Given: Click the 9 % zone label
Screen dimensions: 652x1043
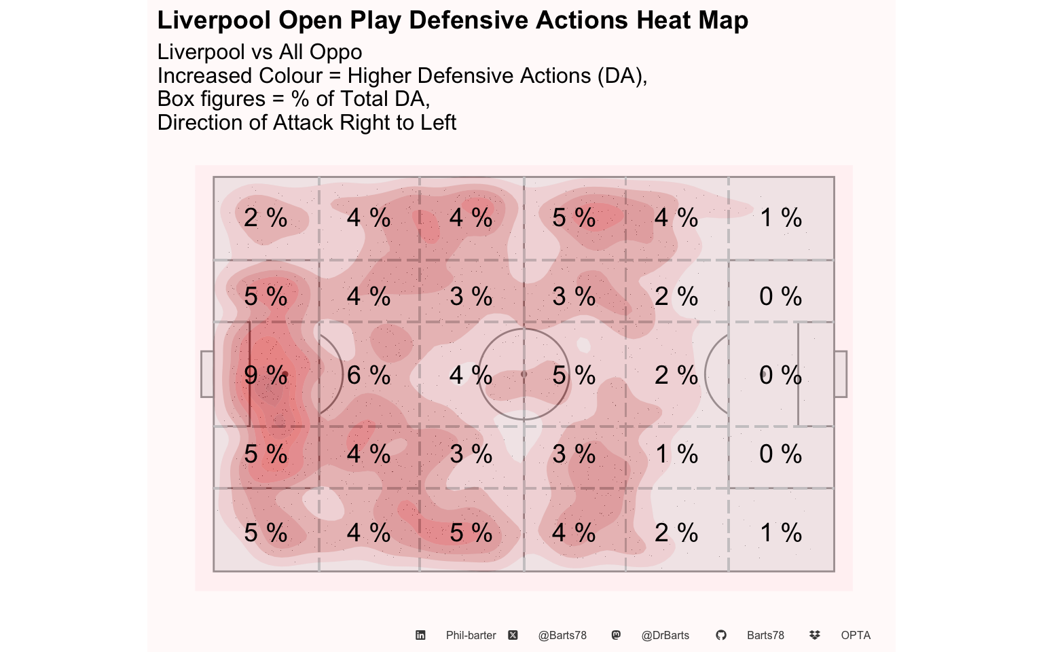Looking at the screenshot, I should pos(266,375).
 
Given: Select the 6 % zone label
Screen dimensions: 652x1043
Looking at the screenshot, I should pos(369,375).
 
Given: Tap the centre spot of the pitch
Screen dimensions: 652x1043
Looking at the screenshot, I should pos(524,374).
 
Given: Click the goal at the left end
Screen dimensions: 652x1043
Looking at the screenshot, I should pos(207,374).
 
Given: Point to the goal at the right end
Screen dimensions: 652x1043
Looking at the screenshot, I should pos(840,374).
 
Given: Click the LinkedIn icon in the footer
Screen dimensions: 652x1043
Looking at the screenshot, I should pos(420,635).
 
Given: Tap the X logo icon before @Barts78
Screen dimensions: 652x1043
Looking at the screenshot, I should pos(513,635).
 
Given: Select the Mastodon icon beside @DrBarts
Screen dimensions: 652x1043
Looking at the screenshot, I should pos(616,635).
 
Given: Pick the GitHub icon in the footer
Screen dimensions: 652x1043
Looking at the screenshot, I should pos(721,635).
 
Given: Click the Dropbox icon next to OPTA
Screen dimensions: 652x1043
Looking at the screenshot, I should pos(815,635).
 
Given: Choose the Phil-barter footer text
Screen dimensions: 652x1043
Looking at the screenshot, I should pos(471,636).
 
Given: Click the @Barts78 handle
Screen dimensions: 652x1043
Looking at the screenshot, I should pos(562,636).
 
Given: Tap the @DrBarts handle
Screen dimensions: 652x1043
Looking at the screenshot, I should pos(665,636).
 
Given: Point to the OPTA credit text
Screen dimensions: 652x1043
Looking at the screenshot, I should pos(856,636).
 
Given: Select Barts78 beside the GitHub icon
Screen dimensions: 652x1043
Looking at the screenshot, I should pos(765,636).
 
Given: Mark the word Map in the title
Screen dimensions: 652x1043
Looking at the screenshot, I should pos(722,20).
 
